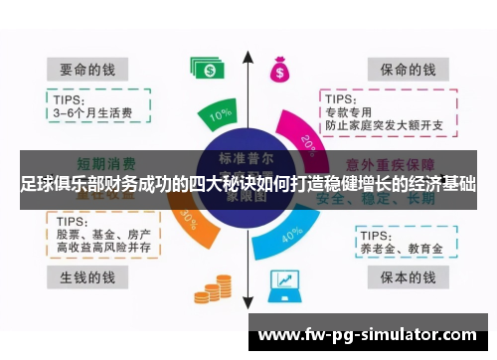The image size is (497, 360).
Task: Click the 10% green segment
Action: (x=221, y=115)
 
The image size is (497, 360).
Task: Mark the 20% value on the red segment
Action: (x=308, y=145)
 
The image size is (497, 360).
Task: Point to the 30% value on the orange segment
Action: (x=186, y=221)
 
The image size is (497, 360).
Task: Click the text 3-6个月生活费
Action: (x=91, y=112)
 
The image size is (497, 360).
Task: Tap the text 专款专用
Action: (x=348, y=112)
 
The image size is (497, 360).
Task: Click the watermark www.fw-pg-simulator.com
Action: (x=367, y=335)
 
